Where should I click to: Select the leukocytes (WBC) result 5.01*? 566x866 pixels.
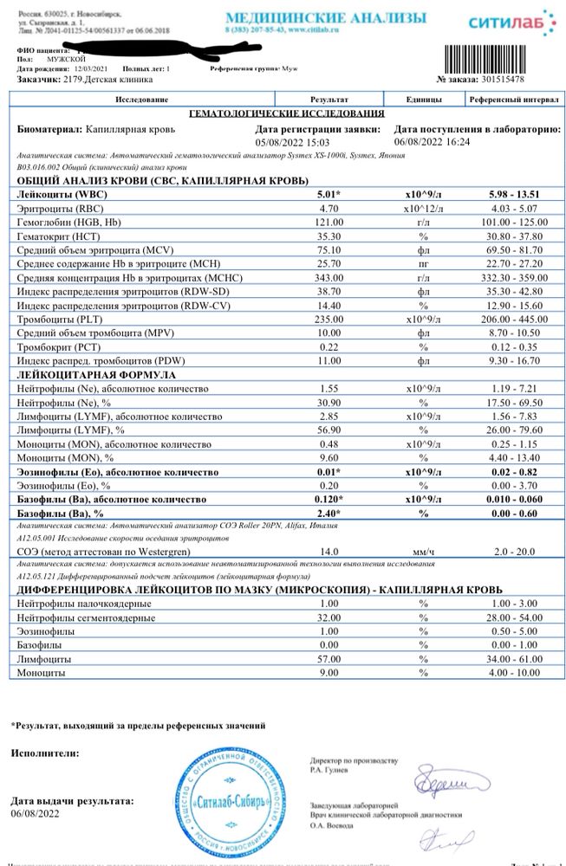[329, 196]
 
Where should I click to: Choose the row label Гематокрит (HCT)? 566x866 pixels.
[57, 236]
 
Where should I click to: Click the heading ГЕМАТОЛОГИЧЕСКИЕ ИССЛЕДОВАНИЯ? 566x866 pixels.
[287, 114]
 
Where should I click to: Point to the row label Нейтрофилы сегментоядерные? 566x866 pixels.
[86, 618]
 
